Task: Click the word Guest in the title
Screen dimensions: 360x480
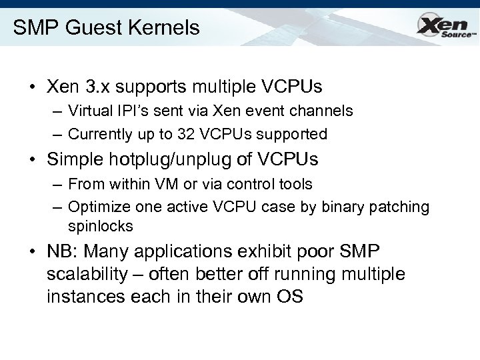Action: [x=83, y=28]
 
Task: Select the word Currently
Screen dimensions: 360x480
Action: [x=102, y=134]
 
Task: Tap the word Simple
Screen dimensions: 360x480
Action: [x=75, y=161]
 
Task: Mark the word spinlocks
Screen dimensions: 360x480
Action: [x=101, y=226]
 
